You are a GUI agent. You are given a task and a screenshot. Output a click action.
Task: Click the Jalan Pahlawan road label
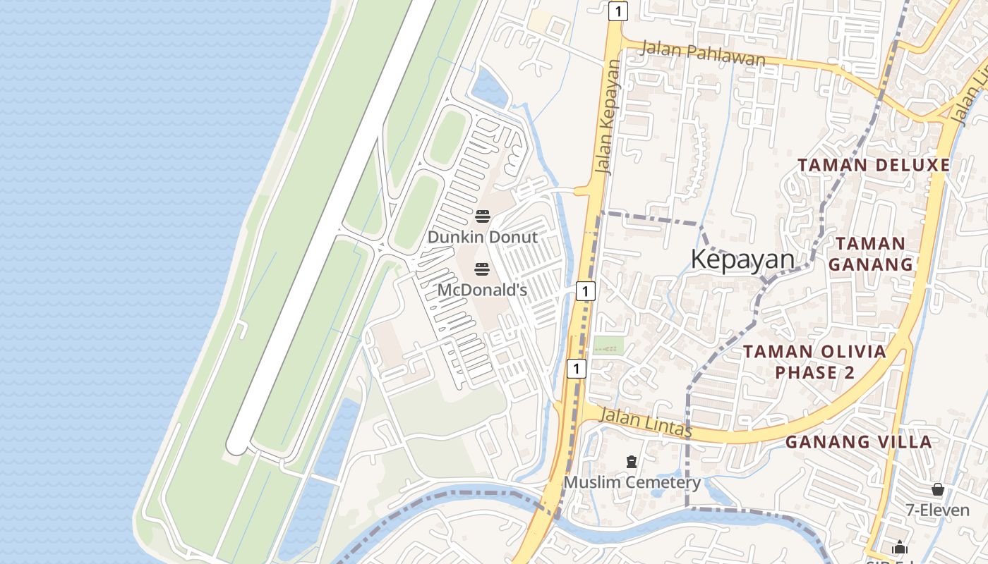click(702, 54)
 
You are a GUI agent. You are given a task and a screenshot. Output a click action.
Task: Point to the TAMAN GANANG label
click(870, 254)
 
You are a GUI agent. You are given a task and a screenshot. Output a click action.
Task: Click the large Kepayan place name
click(742, 259)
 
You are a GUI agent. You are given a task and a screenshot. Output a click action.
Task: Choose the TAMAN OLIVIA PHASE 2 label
click(814, 362)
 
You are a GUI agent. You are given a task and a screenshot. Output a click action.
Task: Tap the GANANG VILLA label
click(858, 442)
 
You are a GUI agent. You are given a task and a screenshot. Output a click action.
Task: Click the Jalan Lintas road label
click(645, 422)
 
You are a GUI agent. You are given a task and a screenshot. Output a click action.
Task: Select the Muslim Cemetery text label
click(632, 482)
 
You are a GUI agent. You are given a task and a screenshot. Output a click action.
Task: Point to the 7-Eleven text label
click(937, 509)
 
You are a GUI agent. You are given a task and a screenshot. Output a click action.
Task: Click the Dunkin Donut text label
click(482, 237)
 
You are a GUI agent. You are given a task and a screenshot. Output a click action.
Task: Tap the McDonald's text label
click(482, 290)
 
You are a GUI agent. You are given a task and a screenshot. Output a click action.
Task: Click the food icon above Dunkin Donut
click(482, 216)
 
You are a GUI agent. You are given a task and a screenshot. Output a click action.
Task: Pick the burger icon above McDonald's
click(482, 269)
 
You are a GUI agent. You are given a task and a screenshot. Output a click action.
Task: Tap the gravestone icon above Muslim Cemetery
click(632, 462)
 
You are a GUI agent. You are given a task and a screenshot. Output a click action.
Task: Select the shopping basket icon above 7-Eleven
click(938, 489)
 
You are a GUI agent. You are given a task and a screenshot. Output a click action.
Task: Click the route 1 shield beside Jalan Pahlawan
click(617, 11)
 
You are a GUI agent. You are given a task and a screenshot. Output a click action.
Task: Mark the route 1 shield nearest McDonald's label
click(585, 290)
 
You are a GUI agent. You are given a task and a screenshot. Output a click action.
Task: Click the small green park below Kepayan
click(608, 345)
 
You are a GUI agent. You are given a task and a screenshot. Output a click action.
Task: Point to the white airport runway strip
click(332, 226)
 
